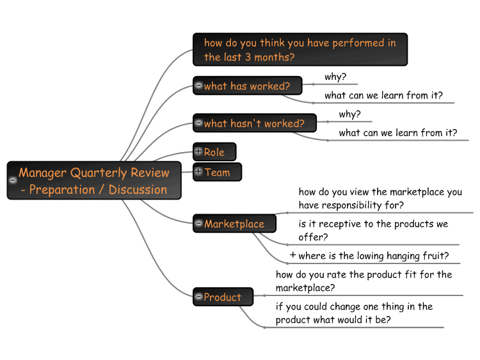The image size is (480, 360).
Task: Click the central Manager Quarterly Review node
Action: click(x=94, y=180)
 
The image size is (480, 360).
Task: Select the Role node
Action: click(x=214, y=152)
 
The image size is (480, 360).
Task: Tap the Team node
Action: click(x=217, y=172)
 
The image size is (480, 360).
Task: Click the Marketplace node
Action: click(x=234, y=223)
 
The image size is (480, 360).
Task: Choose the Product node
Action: click(x=223, y=297)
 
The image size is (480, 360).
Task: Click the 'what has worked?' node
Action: click(x=247, y=86)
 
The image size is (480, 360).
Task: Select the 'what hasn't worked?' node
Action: click(x=254, y=123)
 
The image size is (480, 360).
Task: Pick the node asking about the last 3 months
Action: click(x=300, y=49)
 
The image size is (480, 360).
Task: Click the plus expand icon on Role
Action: click(x=198, y=151)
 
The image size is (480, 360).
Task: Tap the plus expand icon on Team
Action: click(x=198, y=171)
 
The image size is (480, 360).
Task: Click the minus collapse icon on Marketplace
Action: click(x=198, y=223)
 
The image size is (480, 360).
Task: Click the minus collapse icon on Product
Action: click(x=198, y=296)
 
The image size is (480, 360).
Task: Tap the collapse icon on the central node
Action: click(x=13, y=180)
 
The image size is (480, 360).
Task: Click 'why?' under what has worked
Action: click(x=335, y=77)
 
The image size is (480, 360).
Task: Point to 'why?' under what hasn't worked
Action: click(x=349, y=114)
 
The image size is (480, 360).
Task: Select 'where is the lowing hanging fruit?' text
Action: click(x=374, y=256)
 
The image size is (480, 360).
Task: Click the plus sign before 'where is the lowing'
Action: click(x=293, y=254)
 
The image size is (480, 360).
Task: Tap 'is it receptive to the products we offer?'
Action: click(x=373, y=230)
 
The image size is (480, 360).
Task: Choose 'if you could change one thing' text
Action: click(x=354, y=313)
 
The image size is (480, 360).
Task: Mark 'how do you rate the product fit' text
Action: click(x=364, y=281)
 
